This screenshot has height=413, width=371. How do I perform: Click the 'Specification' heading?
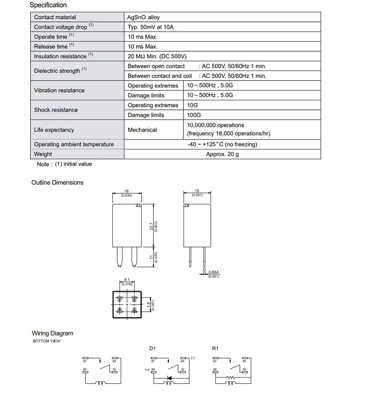point(48,5)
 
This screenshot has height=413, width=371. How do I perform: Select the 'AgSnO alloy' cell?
point(143,17)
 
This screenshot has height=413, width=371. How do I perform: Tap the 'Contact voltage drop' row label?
point(61,27)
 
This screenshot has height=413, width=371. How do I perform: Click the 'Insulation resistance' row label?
point(60,56)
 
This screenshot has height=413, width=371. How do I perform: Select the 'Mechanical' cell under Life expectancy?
point(142,130)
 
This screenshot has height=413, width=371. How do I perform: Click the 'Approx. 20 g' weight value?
point(222,154)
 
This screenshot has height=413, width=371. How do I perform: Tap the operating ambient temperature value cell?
point(222,144)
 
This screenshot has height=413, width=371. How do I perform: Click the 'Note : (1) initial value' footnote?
point(64,164)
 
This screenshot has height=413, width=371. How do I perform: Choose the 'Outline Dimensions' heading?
point(57,183)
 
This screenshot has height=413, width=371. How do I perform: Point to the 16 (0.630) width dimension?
point(127,193)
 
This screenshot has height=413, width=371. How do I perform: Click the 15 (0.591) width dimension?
point(197,193)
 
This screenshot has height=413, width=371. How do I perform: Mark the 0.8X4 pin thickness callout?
point(214,274)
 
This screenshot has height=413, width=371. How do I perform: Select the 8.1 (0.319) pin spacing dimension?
point(127,282)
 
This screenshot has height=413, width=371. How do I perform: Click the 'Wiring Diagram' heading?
point(52,333)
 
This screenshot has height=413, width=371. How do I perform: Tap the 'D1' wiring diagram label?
point(153,349)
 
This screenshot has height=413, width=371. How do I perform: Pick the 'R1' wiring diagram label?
point(215,349)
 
